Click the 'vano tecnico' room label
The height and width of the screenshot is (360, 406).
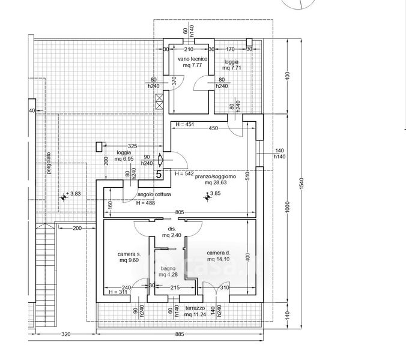coord(192,59)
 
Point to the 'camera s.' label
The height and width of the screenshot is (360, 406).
coord(129,254)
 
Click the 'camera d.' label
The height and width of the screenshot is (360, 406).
coord(219,253)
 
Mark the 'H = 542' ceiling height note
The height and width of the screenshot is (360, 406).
coord(184,173)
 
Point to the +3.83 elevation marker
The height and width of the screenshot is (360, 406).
coord(72,194)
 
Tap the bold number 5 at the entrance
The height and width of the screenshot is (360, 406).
coord(159,175)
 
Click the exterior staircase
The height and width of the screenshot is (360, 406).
coord(46,264)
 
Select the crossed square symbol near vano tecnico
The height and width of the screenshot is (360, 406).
coord(159,101)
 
